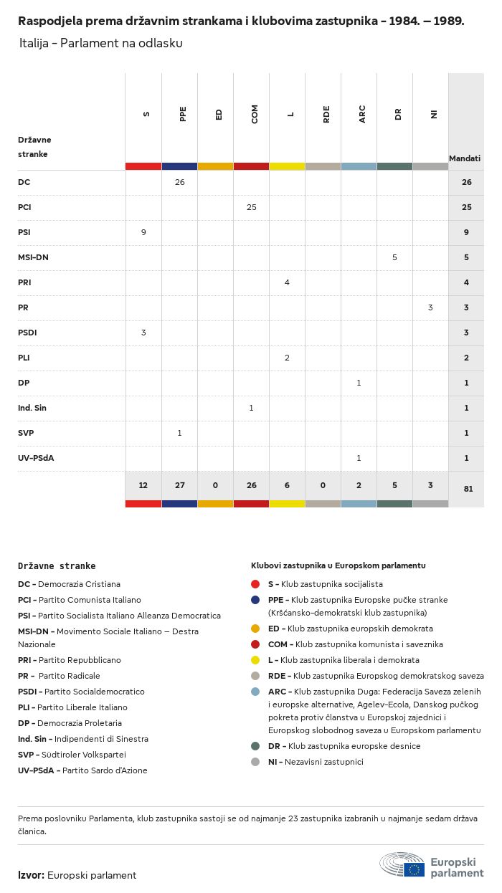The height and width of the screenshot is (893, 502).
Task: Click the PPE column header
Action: tap(182, 114)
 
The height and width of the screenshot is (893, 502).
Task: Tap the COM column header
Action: tap(254, 114)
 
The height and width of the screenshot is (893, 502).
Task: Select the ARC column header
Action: tap(362, 114)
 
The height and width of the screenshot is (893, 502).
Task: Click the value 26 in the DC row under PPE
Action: tap(179, 182)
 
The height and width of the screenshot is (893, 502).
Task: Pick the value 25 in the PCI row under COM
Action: tap(252, 207)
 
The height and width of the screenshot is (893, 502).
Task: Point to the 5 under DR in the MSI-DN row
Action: tap(394, 257)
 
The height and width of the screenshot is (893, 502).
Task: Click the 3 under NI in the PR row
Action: tap(430, 307)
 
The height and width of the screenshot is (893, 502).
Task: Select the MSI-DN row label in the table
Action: tap(33, 257)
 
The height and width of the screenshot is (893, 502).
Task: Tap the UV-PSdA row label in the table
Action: tap(36, 458)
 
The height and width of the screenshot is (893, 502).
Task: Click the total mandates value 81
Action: tap(468, 489)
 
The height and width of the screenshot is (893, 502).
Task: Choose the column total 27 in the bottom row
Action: tap(179, 485)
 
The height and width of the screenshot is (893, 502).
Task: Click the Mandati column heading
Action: tap(465, 158)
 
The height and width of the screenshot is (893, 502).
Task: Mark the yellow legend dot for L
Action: tap(255, 660)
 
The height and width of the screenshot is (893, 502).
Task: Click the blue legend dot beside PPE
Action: tap(255, 600)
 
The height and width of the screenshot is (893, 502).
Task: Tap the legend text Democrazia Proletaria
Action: tap(80, 723)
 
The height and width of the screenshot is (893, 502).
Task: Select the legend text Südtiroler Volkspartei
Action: tap(84, 755)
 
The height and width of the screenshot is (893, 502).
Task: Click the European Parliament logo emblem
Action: tap(402, 864)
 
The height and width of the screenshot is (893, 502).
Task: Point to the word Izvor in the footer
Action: tap(30, 875)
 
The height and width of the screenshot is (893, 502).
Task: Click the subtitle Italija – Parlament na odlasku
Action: tap(101, 43)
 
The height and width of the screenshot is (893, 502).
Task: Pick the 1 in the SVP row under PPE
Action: tap(179, 433)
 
